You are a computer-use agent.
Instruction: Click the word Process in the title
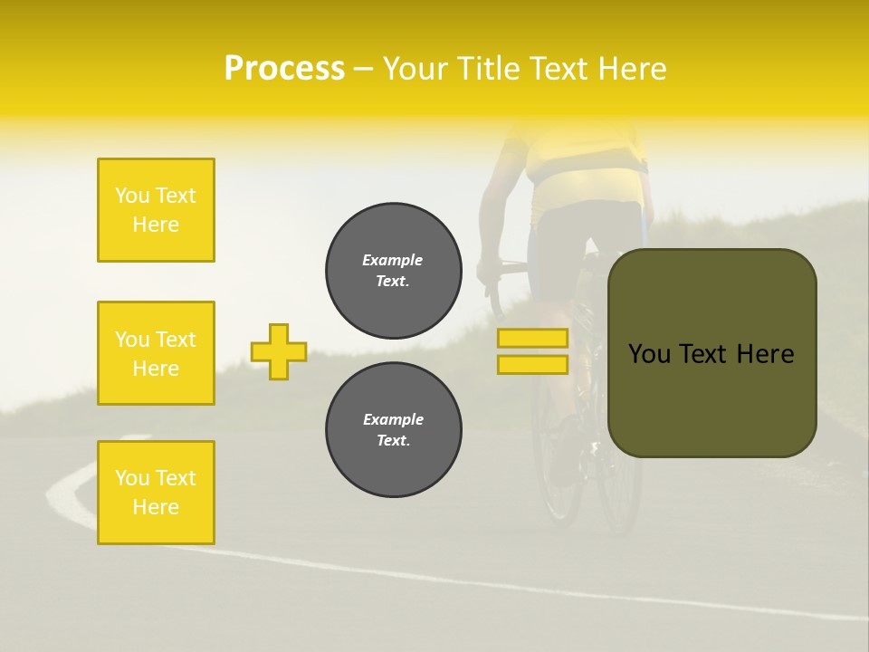click(x=284, y=69)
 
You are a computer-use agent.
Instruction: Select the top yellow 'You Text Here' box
click(x=156, y=210)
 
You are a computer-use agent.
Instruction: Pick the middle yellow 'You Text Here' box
click(x=156, y=353)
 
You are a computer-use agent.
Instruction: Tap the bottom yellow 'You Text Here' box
click(x=156, y=493)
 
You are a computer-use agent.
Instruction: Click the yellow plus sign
click(x=279, y=351)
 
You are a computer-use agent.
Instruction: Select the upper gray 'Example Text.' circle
click(x=394, y=271)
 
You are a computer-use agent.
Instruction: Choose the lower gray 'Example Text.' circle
click(x=394, y=430)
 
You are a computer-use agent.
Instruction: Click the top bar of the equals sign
click(x=532, y=338)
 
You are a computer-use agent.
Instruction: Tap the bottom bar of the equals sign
click(x=532, y=364)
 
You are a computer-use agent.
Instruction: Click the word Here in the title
click(x=634, y=69)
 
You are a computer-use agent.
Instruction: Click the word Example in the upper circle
click(x=393, y=260)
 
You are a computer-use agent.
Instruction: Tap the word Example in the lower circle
click(x=393, y=419)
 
